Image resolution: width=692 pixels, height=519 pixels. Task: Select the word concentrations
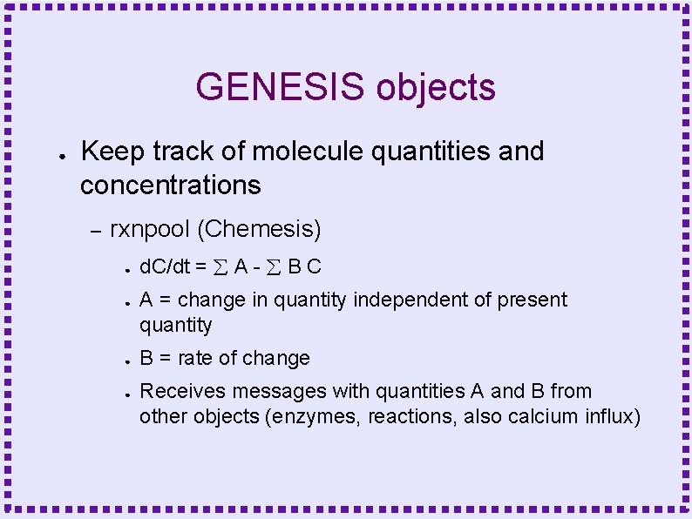pos(170,185)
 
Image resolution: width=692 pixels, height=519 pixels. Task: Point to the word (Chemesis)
pos(259,230)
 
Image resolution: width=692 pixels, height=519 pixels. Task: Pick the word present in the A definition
pos(533,300)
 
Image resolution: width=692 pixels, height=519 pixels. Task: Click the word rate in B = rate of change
pos(198,358)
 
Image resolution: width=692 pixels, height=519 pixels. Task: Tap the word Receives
pos(176,392)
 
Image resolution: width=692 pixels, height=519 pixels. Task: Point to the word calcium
pos(510,417)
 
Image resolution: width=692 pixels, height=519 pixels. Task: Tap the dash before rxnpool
pos(96,231)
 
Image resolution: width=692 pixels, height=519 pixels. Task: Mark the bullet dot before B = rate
pos(127,360)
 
